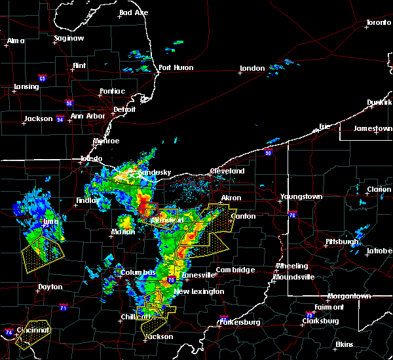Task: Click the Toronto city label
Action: (378, 23)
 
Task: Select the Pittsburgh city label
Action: (343, 242)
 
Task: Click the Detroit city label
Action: (124, 109)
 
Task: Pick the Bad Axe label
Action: (133, 13)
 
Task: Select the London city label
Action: (252, 68)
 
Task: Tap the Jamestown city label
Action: (373, 128)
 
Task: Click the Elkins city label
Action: (344, 344)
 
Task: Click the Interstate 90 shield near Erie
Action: (269, 152)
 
